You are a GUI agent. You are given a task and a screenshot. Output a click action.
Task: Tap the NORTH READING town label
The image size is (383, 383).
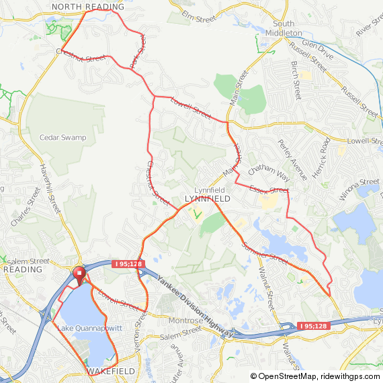point(88,7)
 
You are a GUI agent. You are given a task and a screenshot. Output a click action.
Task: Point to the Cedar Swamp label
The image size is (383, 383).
point(63,138)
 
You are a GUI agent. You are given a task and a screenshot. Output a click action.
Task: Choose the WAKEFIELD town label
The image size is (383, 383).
point(111,371)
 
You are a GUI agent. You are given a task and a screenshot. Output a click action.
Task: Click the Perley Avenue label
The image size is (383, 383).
point(293,160)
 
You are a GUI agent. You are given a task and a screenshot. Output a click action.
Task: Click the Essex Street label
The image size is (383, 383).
point(268,190)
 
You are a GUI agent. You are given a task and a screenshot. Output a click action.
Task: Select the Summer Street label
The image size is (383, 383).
point(265,253)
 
